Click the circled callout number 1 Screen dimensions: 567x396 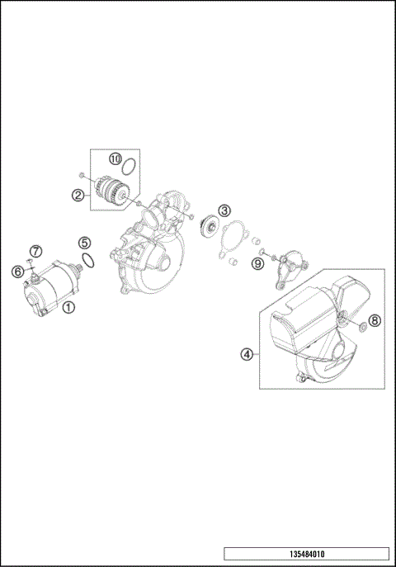coord(68,307)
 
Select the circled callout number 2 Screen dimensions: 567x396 coord(78,196)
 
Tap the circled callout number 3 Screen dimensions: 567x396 coord(224,211)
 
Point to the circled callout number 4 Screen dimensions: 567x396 coord(246,355)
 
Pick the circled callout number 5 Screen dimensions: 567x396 coord(84,243)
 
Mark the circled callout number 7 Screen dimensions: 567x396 coord(35,251)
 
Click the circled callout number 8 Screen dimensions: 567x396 coord(374,320)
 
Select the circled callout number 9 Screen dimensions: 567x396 coord(257,262)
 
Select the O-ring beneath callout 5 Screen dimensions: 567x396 coord(92,261)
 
